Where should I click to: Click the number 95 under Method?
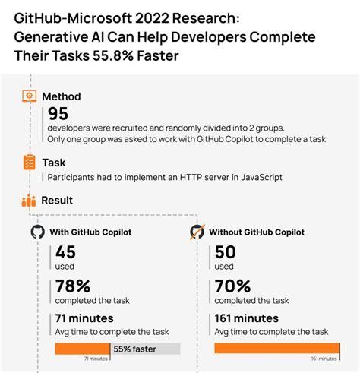pyautogui.click(x=58, y=114)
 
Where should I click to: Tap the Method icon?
pyautogui.click(x=29, y=96)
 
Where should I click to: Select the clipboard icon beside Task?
pyautogui.click(x=29, y=162)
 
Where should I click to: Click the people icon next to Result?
pyautogui.click(x=29, y=201)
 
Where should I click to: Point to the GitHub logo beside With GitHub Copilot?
pyautogui.click(x=36, y=232)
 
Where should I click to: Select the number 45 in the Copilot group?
pyautogui.click(x=65, y=253)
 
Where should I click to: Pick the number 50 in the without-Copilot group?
pyautogui.click(x=226, y=253)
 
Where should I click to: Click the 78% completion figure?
pyautogui.click(x=73, y=286)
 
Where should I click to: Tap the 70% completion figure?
pyautogui.click(x=233, y=286)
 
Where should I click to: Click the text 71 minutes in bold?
pyautogui.click(x=85, y=318)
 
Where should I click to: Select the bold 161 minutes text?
pyautogui.click(x=247, y=318)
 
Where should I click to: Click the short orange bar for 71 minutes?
pyautogui.click(x=82, y=349)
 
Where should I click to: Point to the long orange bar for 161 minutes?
pyautogui.click(x=276, y=349)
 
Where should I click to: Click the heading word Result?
pyautogui.click(x=57, y=201)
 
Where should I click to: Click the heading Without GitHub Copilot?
pyautogui.click(x=257, y=232)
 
